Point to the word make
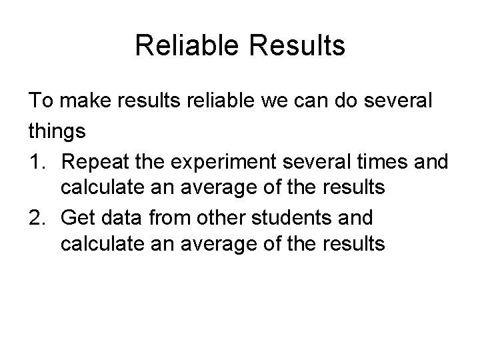coord(85,102)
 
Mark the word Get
coord(77,217)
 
